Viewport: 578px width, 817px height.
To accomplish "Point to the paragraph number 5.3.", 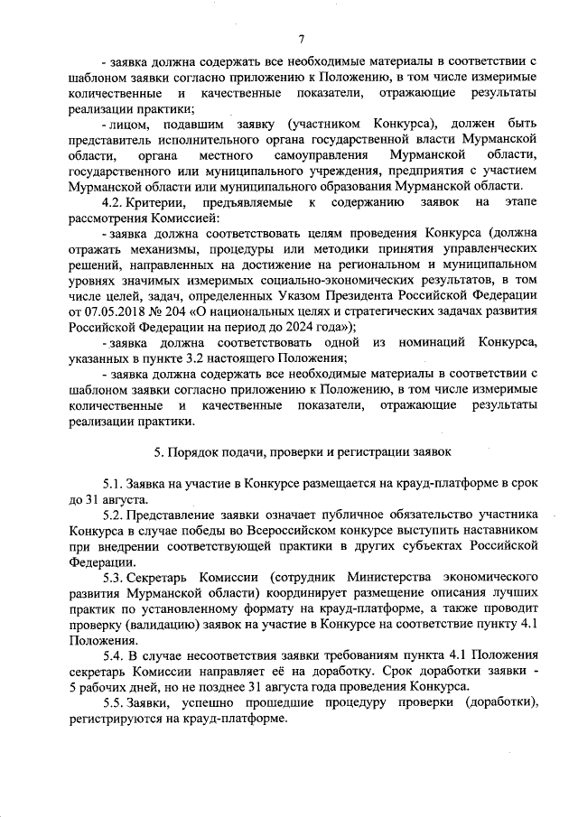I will tap(113, 577).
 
